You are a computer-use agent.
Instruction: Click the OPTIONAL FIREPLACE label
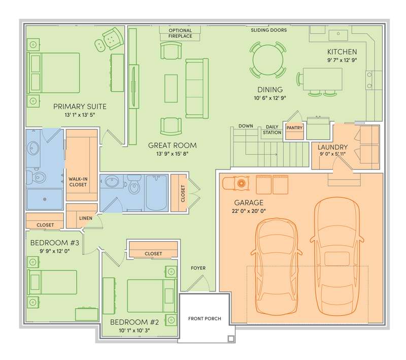click(x=180, y=33)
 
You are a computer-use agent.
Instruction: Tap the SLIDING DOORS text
click(x=269, y=30)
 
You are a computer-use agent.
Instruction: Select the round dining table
click(x=268, y=60)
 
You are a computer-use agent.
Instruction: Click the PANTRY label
click(x=294, y=127)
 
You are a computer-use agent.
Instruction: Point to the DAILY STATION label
click(x=272, y=129)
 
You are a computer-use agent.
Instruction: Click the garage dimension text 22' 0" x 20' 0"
click(x=249, y=211)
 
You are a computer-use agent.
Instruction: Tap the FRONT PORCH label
click(x=205, y=318)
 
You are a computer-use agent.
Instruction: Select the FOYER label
click(x=198, y=268)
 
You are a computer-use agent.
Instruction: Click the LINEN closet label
click(x=86, y=218)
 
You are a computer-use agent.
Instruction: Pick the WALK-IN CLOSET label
click(x=78, y=182)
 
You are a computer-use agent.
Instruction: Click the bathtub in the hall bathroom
click(x=156, y=192)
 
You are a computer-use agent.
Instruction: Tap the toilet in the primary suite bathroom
click(x=36, y=177)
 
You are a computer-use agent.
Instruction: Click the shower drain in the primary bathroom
click(x=45, y=199)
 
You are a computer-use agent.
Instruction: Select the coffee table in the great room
click(x=171, y=88)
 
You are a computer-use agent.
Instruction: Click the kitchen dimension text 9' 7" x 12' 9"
click(x=342, y=60)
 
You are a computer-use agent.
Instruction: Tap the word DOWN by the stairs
click(x=246, y=126)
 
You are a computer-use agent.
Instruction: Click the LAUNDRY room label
click(x=332, y=147)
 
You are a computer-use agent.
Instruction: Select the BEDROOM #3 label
click(x=55, y=243)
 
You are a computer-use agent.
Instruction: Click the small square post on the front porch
click(x=231, y=339)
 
